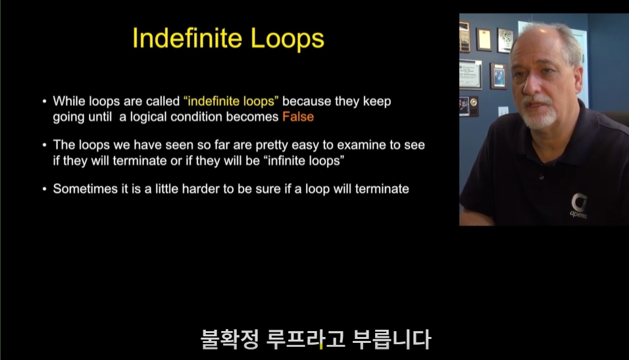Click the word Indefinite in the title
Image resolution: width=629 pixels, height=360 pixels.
pyautogui.click(x=187, y=38)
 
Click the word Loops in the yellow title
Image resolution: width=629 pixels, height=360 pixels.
pyautogui.click(x=288, y=39)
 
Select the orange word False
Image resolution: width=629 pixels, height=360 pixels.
pyautogui.click(x=298, y=116)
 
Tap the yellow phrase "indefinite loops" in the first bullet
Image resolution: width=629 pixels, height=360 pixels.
pyautogui.click(x=231, y=101)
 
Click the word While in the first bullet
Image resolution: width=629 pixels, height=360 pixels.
pyautogui.click(x=69, y=101)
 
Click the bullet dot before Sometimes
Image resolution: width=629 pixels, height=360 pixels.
pyautogui.click(x=45, y=189)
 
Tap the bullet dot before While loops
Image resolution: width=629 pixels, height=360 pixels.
pyautogui.click(x=45, y=101)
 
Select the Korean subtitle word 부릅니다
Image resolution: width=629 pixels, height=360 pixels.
pyautogui.click(x=391, y=339)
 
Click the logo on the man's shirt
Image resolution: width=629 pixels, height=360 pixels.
pyautogui.click(x=579, y=205)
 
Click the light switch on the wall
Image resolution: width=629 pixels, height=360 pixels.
pyautogui.click(x=503, y=111)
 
